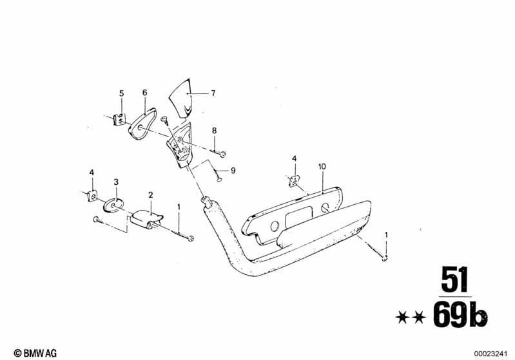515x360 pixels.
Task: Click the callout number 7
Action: (x=213, y=93)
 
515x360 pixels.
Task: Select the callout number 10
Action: (x=322, y=167)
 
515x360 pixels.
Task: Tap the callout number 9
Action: (x=233, y=171)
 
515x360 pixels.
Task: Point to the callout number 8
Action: (x=214, y=131)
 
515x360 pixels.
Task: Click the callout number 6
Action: (x=145, y=93)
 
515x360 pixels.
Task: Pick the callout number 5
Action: (x=122, y=93)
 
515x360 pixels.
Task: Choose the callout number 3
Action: (x=116, y=182)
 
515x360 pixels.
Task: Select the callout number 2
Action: (x=150, y=195)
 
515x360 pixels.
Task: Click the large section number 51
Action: (x=454, y=279)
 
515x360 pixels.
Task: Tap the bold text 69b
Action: (x=460, y=315)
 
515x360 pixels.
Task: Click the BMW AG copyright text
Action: (x=35, y=353)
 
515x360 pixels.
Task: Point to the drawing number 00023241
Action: (x=491, y=354)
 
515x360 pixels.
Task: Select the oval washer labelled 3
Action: (x=113, y=205)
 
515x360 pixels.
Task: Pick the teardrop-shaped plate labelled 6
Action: (x=141, y=123)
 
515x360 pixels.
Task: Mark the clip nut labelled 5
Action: (x=119, y=119)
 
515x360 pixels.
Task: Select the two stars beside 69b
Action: (x=411, y=317)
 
